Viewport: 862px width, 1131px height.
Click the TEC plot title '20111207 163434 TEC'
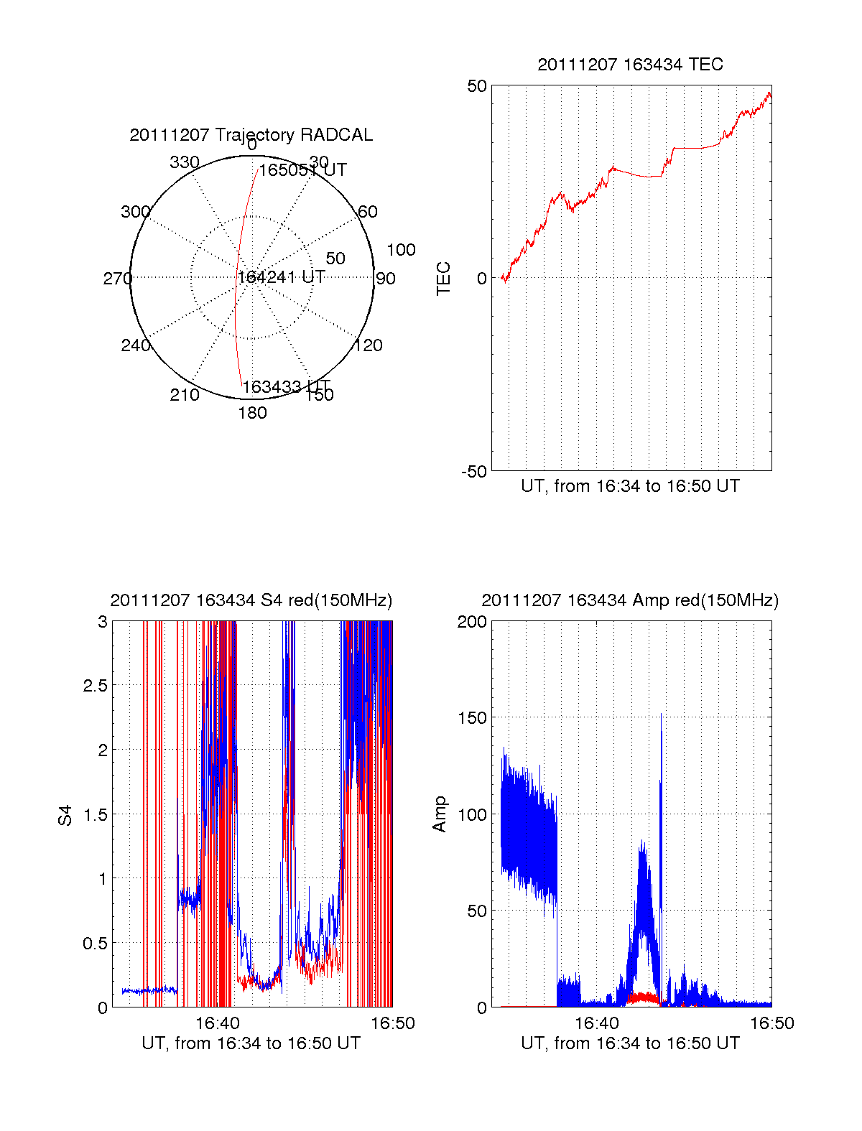(630, 65)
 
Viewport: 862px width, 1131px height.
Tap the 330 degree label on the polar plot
(184, 162)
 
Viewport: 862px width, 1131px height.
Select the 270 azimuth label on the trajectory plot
(117, 279)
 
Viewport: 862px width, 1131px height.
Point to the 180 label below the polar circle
(252, 413)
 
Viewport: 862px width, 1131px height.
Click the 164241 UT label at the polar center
(281, 277)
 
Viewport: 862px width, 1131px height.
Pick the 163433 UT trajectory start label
(286, 387)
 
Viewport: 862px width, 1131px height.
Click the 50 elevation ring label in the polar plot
(335, 259)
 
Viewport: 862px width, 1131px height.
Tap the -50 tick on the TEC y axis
(473, 472)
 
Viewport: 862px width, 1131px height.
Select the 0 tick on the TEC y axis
(481, 279)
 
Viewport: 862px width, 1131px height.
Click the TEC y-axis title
(444, 279)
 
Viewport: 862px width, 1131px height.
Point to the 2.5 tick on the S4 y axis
(95, 686)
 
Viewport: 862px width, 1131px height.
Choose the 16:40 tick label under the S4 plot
(217, 1023)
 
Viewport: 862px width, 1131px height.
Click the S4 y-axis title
(65, 815)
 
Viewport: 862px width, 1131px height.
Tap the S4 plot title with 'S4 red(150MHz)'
(251, 600)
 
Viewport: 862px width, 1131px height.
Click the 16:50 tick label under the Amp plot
(771, 1023)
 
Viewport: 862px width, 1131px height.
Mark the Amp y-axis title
(440, 814)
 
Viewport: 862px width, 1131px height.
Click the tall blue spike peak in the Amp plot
(661, 715)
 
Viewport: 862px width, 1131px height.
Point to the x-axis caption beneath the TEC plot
(630, 486)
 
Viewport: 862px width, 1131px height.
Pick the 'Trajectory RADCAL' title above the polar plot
(251, 135)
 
